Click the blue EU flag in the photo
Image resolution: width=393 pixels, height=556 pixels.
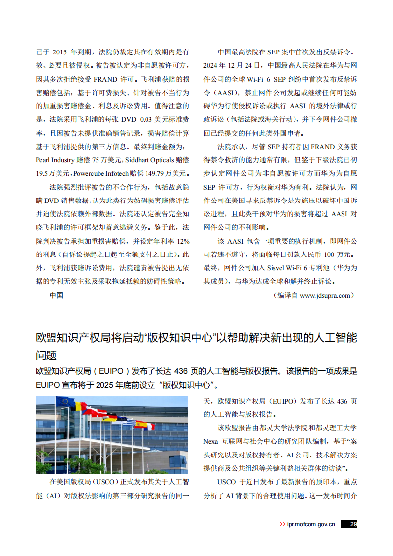(64, 402)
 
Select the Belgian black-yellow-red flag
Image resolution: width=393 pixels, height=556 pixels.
(80, 406)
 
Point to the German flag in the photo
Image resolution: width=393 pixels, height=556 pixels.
(111, 417)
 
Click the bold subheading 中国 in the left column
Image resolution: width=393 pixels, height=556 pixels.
(56, 295)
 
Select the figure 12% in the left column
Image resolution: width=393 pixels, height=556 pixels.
(183, 241)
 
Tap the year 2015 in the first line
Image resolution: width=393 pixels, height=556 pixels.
(59, 52)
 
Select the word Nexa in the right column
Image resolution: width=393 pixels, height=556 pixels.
(211, 441)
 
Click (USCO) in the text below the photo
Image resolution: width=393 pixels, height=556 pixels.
(102, 482)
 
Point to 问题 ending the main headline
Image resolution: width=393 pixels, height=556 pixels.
(47, 355)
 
